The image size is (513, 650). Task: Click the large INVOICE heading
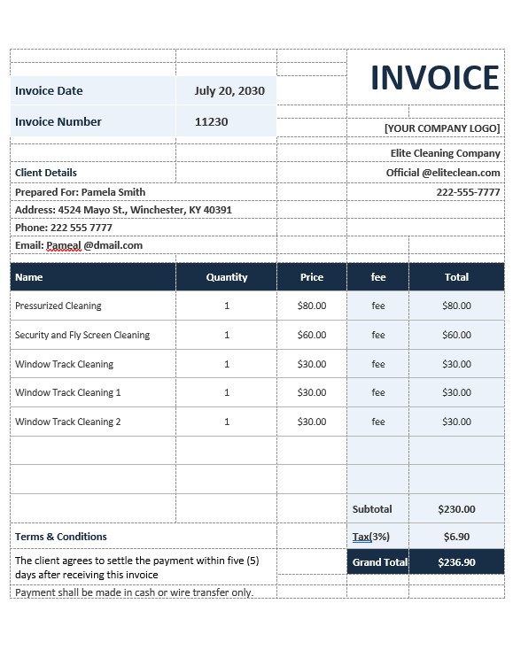click(434, 79)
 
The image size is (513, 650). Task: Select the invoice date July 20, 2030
click(229, 90)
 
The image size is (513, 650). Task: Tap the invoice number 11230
click(211, 121)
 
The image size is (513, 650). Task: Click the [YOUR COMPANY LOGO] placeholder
click(442, 128)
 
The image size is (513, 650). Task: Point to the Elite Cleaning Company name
click(445, 153)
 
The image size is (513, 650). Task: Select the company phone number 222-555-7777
click(468, 192)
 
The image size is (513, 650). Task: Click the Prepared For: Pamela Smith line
click(80, 192)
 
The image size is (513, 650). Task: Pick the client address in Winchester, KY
click(123, 210)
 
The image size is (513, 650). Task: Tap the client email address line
click(79, 245)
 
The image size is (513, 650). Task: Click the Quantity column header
click(227, 277)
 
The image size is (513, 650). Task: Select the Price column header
click(312, 277)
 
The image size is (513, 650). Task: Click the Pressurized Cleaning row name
click(58, 306)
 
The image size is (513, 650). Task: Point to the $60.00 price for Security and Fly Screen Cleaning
click(312, 335)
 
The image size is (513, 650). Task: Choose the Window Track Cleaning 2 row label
click(68, 422)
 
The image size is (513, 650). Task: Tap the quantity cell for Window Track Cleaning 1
click(227, 392)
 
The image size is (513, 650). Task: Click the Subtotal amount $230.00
click(456, 509)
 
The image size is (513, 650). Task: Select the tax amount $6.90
click(456, 537)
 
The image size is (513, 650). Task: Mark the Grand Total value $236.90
click(456, 562)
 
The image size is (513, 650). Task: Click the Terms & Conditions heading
click(61, 537)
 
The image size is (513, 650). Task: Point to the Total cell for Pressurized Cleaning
click(456, 306)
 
